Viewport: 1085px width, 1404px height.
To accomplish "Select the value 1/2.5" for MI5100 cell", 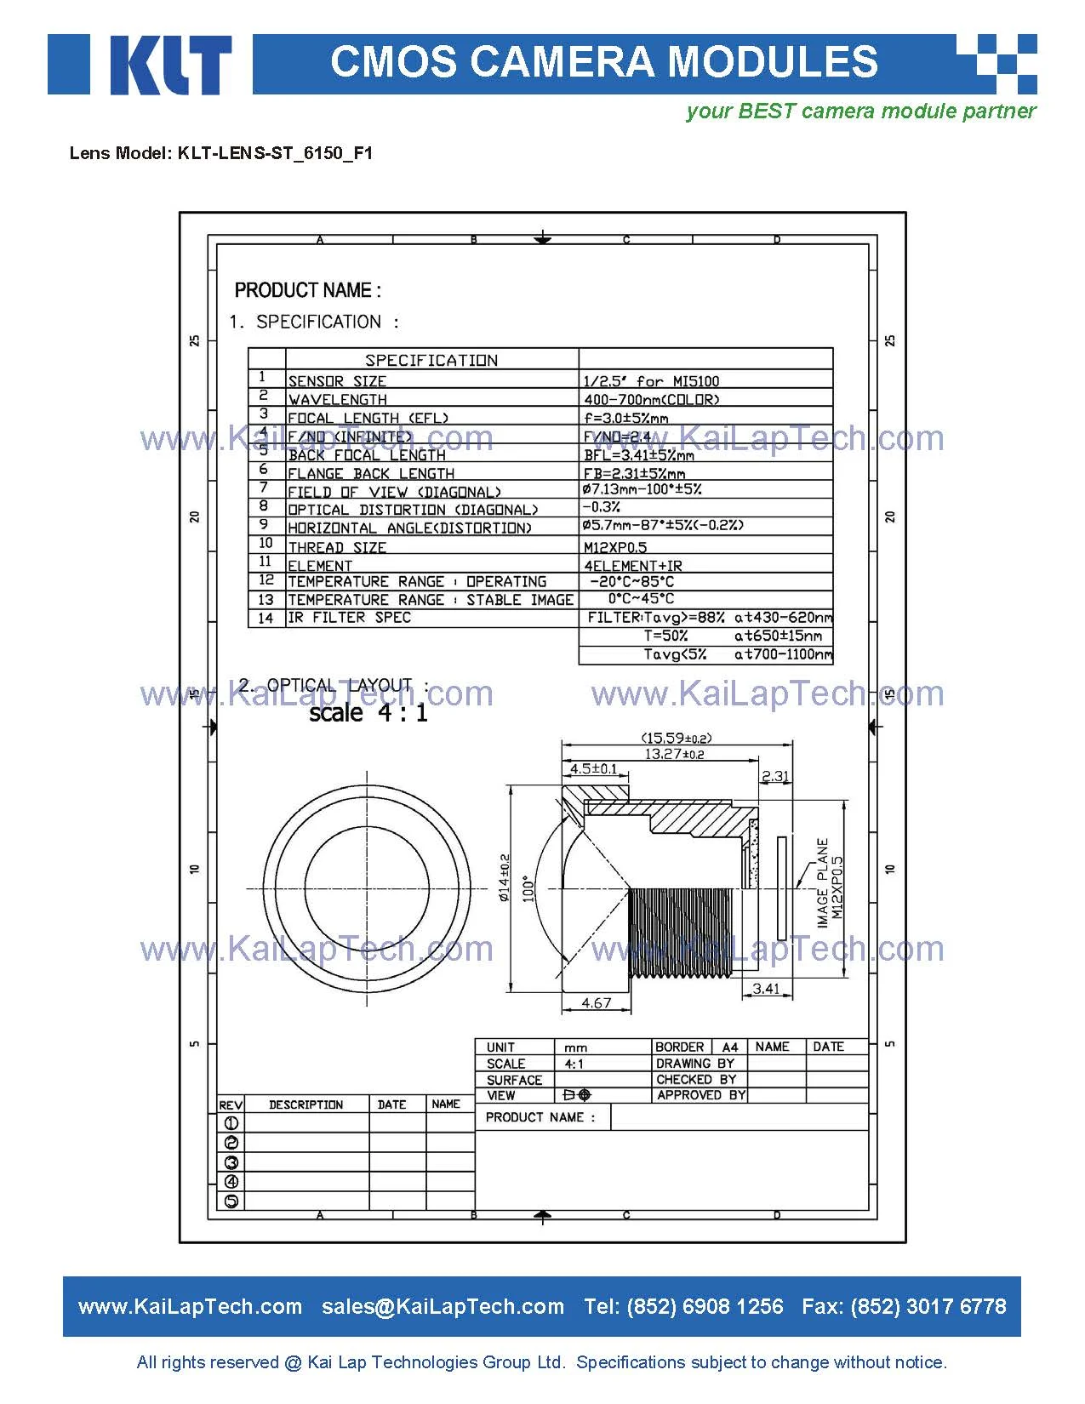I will pyautogui.click(x=651, y=381).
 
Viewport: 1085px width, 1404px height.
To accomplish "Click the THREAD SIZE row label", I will pyautogui.click(x=337, y=547).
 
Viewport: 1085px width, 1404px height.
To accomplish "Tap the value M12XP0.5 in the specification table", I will pyautogui.click(x=615, y=547).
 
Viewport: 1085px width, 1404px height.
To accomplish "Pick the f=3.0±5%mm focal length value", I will pyautogui.click(x=625, y=418).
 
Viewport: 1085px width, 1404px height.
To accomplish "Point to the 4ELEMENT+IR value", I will pyautogui.click(x=632, y=565).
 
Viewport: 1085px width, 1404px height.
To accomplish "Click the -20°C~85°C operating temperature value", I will pyautogui.click(x=631, y=581).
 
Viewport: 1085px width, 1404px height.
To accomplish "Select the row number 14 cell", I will pyautogui.click(x=266, y=618).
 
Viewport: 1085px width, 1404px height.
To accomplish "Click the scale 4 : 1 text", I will pyautogui.click(x=368, y=712).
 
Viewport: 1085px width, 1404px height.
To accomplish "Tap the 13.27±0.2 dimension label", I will pyautogui.click(x=674, y=754).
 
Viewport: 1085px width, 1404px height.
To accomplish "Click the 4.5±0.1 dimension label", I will pyautogui.click(x=593, y=768).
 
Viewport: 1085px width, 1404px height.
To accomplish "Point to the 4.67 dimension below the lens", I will pyautogui.click(x=596, y=1002).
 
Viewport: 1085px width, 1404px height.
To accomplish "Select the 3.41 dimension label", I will pyautogui.click(x=766, y=988).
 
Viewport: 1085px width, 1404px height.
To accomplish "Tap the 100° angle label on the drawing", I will pyautogui.click(x=528, y=888).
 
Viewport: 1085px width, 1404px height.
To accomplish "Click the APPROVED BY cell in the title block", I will pyautogui.click(x=700, y=1095).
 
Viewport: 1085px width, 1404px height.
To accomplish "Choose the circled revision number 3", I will pyautogui.click(x=231, y=1162).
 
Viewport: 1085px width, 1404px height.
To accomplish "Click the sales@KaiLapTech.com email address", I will pyautogui.click(x=443, y=1306).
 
